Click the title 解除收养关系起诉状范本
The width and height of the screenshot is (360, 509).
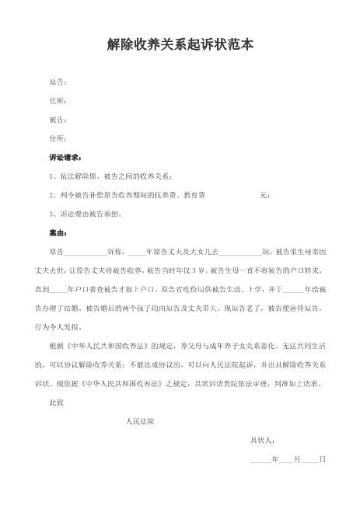[x=180, y=46]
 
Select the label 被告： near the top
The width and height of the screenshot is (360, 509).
[x=58, y=120]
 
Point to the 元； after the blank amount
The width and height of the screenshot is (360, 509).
[x=264, y=195]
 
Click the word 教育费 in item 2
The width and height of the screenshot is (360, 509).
[x=194, y=195]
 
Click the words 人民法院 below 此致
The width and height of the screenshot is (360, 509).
[x=140, y=422]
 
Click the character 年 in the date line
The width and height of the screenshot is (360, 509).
[x=276, y=460]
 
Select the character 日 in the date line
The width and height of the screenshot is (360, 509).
[x=322, y=460]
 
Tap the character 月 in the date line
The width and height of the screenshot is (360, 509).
[x=297, y=460]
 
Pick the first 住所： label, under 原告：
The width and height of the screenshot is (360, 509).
[x=58, y=101]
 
